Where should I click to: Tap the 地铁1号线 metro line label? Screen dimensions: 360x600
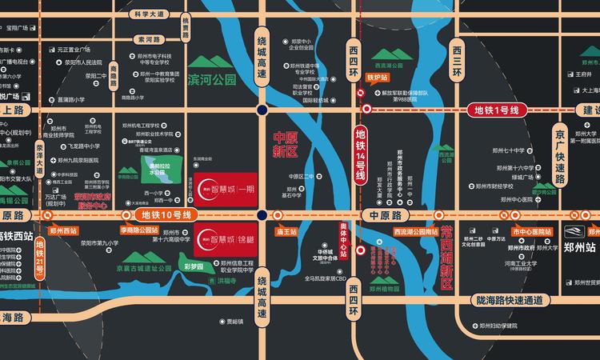[x=498, y=109]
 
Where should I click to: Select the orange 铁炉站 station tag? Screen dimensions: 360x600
[x=377, y=78]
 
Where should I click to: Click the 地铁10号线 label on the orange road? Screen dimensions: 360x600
[x=166, y=214]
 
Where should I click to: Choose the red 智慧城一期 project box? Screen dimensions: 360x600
[x=226, y=190]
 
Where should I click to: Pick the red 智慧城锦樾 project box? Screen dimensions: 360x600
[x=226, y=238]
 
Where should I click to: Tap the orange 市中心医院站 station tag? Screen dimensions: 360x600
[x=532, y=230]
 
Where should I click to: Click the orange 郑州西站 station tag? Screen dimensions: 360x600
[x=62, y=230]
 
